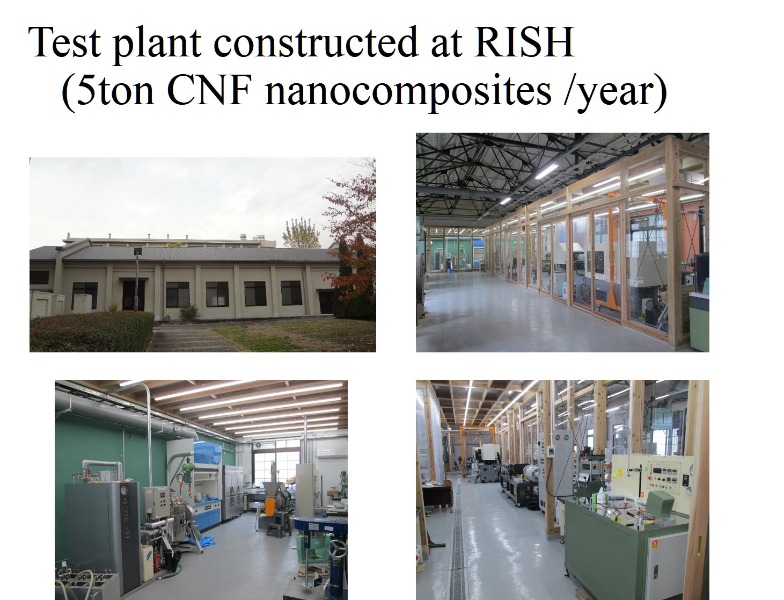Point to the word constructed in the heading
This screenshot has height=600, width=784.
pyautogui.click(x=316, y=42)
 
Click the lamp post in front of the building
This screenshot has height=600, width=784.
pyautogui.click(x=137, y=279)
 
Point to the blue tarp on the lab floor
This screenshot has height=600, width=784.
pyautogui.click(x=203, y=541)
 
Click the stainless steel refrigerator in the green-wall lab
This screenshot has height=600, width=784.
pyautogui.click(x=233, y=493)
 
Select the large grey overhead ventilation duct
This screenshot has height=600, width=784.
pyautogui.click(x=125, y=411)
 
